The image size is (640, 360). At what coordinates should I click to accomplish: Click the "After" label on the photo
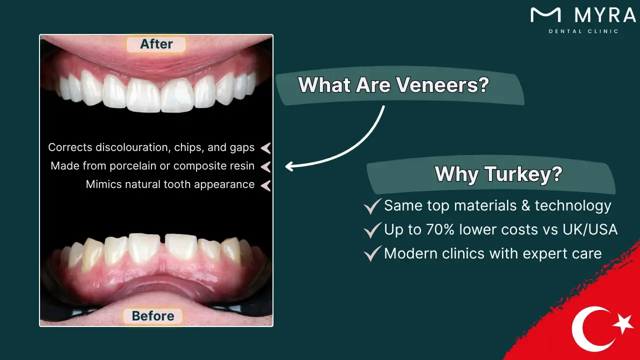tap(156, 44)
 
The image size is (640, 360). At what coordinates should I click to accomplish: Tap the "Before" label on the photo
tap(153, 316)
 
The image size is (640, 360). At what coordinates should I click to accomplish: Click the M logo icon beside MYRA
tap(545, 15)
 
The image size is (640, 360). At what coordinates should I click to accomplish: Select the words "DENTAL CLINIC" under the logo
tap(583, 31)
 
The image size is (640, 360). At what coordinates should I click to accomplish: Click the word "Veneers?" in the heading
tap(442, 85)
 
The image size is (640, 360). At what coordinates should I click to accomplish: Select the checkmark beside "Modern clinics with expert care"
tap(372, 253)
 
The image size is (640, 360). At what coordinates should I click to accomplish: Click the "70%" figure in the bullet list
tap(440, 229)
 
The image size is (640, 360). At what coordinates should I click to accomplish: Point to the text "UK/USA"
tap(590, 229)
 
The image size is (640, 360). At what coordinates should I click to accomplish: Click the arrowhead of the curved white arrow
tap(289, 166)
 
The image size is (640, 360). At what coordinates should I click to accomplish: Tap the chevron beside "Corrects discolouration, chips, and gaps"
tap(265, 148)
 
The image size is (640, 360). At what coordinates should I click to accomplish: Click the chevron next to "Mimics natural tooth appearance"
tap(265, 185)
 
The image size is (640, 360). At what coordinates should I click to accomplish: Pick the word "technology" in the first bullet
tap(573, 206)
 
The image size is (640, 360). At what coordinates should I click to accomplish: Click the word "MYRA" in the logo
tap(605, 15)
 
